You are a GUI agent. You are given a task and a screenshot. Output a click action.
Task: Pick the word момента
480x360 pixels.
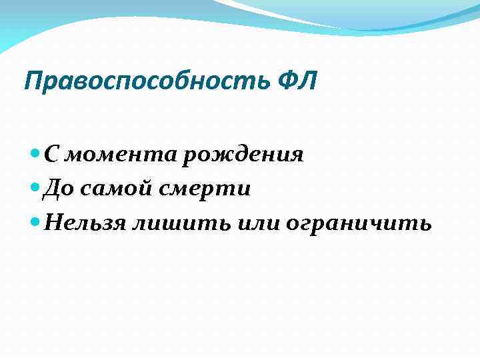123,155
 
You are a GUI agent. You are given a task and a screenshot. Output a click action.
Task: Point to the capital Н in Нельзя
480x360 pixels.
51,223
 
